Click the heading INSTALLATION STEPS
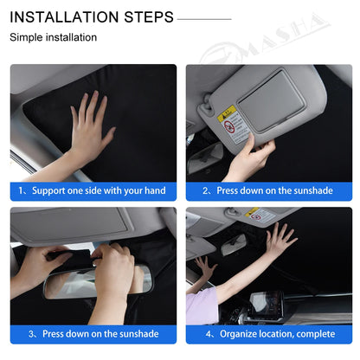[x=92, y=17]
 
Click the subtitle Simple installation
[x=54, y=38]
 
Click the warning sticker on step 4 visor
[x=259, y=215]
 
